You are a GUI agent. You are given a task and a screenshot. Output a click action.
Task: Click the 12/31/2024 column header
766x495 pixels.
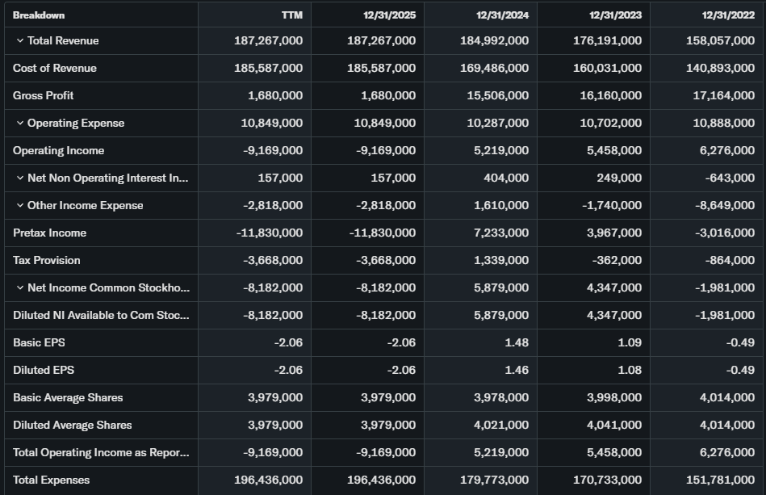click(502, 15)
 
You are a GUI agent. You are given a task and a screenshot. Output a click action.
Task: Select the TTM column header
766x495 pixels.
click(291, 15)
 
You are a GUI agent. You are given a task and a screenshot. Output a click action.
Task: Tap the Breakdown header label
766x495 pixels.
click(39, 15)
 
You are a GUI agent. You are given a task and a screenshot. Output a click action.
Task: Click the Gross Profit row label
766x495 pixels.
click(44, 95)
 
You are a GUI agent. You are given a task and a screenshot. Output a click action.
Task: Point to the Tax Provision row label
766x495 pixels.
click(47, 260)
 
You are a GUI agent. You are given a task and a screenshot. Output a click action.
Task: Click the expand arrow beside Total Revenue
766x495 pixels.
click(19, 40)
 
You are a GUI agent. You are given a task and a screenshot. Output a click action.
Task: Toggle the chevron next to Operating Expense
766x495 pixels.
click(19, 123)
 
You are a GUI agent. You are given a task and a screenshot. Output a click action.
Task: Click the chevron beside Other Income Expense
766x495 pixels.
click(19, 205)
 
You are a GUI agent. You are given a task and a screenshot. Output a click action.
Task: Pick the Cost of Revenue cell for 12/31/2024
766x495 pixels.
click(493, 68)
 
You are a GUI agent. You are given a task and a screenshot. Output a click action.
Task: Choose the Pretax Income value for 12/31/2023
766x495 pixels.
click(613, 233)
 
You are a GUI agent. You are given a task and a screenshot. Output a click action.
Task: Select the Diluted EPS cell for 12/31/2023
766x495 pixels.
click(628, 370)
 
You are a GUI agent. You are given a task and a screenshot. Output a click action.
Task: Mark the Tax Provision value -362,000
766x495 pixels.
click(616, 260)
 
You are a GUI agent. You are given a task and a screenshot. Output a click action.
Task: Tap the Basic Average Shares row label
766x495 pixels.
click(68, 397)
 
